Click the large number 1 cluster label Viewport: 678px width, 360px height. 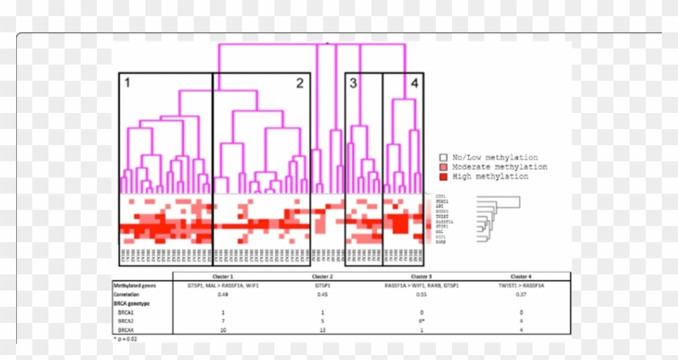tap(127, 82)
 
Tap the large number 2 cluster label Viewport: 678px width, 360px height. tap(299, 82)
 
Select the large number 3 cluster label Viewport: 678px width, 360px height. tap(353, 82)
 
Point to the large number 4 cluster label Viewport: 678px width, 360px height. tap(414, 82)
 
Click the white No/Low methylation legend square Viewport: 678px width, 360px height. tap(442, 158)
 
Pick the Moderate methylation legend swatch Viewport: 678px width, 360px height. tap(442, 167)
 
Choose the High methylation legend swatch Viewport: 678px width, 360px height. tap(442, 176)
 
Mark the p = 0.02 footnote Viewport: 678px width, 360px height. tap(128, 339)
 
